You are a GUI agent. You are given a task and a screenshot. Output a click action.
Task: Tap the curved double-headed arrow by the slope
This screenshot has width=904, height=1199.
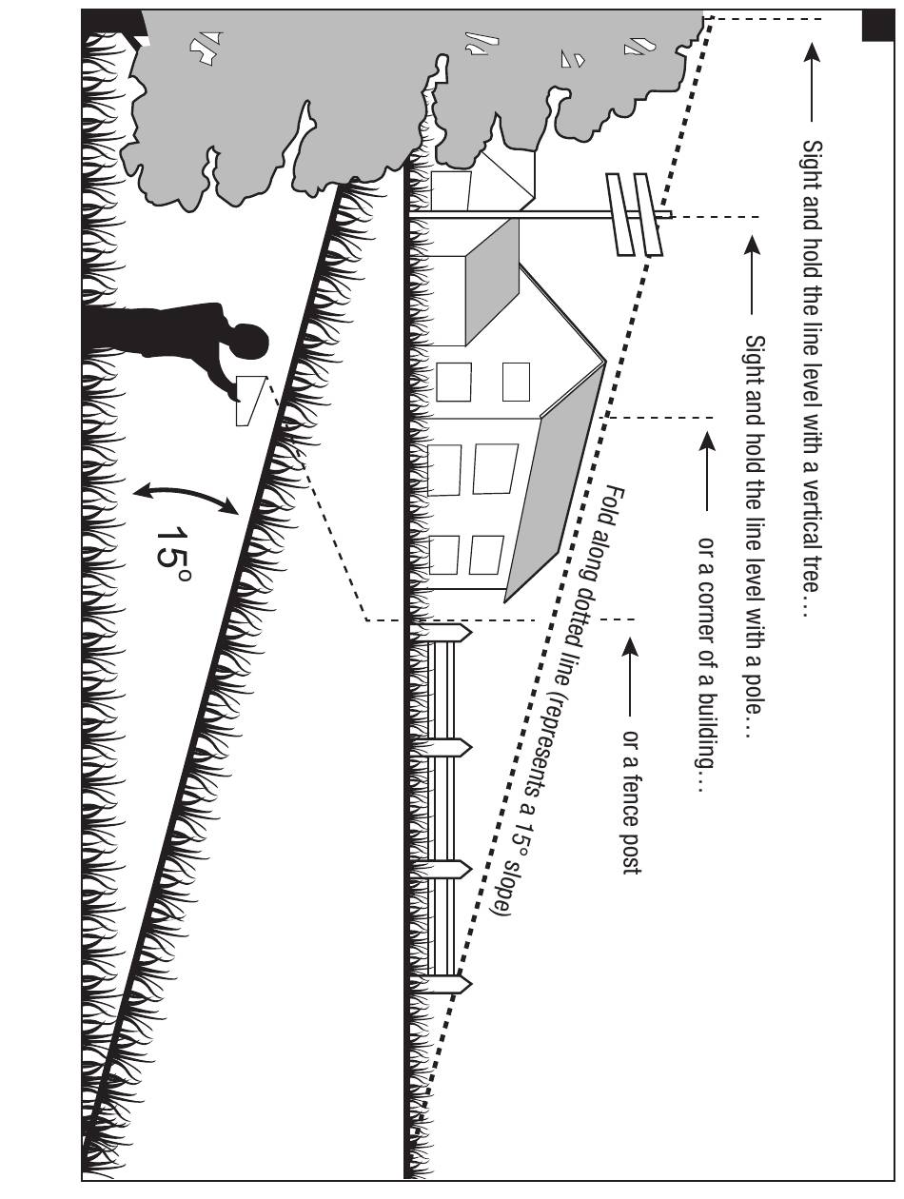pos(186,499)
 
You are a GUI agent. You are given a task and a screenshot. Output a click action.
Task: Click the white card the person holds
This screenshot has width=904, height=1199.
pos(250,401)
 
